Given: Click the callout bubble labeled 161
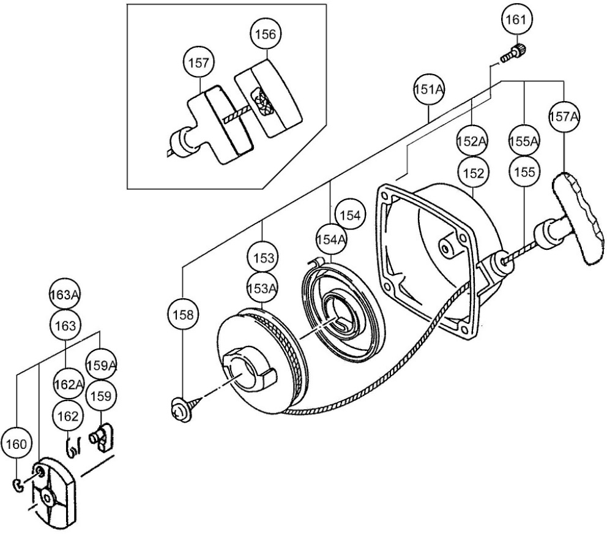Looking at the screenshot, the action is [x=516, y=20].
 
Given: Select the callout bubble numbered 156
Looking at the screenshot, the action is [x=266, y=34].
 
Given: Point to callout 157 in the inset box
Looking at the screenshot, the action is [x=199, y=63].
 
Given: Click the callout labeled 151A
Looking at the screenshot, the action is [x=429, y=90].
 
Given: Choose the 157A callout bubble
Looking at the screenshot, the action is [x=564, y=116].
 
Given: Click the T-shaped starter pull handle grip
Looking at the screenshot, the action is [x=579, y=219].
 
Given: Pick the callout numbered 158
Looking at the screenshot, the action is [x=184, y=315].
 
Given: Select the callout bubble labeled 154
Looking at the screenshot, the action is [x=351, y=216].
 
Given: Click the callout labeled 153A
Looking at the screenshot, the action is [x=262, y=288].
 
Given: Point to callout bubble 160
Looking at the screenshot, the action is [x=16, y=445].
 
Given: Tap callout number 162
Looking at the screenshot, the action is [x=68, y=416].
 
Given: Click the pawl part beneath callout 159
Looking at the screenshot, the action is [x=102, y=438].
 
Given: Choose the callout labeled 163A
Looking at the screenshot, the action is [x=65, y=295].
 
